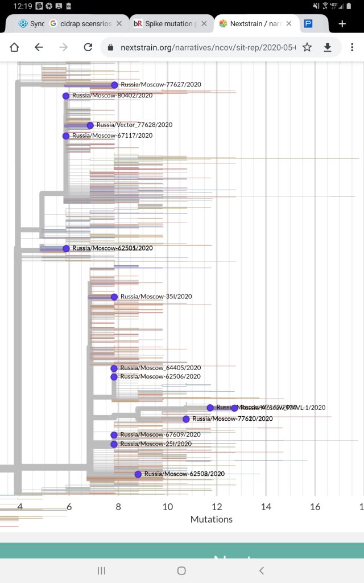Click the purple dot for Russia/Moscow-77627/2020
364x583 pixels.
click(x=114, y=85)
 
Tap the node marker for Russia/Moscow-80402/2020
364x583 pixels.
click(x=66, y=96)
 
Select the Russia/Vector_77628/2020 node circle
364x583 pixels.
click(x=90, y=125)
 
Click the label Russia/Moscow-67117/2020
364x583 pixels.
click(x=112, y=136)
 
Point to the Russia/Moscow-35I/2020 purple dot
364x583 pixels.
click(x=114, y=297)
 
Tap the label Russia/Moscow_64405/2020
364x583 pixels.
click(x=160, y=368)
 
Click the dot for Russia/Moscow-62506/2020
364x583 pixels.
click(x=114, y=377)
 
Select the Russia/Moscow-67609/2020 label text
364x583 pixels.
click(x=160, y=435)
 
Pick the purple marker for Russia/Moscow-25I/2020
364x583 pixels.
click(x=114, y=444)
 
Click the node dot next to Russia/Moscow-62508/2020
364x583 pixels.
click(x=138, y=474)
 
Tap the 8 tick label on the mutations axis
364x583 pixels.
click(x=118, y=507)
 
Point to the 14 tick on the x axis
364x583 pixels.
click(x=266, y=507)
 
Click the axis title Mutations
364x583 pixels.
click(x=212, y=519)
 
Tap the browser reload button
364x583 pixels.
click(x=88, y=47)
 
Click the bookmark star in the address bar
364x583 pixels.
click(x=307, y=47)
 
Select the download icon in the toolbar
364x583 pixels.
click(x=328, y=47)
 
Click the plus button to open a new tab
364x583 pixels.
click(x=342, y=24)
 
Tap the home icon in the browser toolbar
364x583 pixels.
click(x=14, y=47)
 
